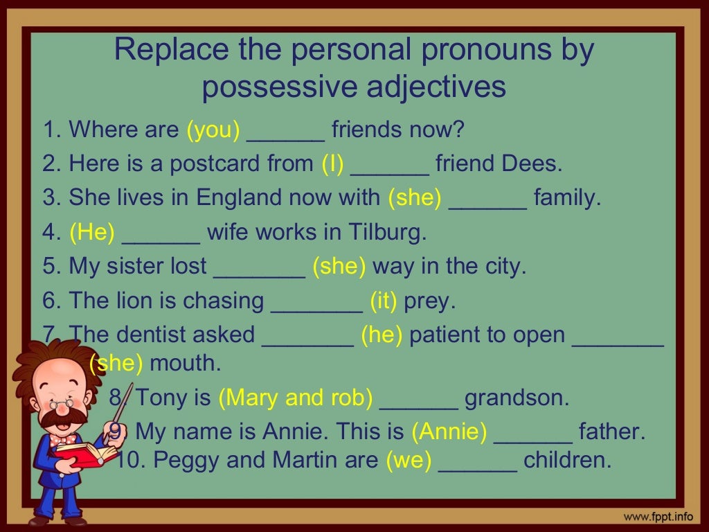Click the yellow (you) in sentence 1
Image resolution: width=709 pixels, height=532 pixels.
pyautogui.click(x=213, y=130)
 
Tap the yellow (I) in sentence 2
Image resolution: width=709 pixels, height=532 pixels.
pyautogui.click(x=332, y=164)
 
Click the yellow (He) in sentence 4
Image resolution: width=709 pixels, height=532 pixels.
pyautogui.click(x=91, y=233)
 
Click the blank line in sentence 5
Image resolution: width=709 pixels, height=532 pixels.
pyautogui.click(x=260, y=272)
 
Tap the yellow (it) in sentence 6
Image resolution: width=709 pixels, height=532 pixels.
pyautogui.click(x=383, y=301)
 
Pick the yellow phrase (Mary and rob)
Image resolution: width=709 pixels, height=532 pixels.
pyautogui.click(x=296, y=398)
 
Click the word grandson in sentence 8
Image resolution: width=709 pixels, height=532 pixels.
pyautogui.click(x=517, y=398)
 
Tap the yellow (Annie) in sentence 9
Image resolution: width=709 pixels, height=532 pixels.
pyautogui.click(x=449, y=432)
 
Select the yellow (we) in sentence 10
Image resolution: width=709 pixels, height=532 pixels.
pyautogui.click(x=409, y=460)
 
